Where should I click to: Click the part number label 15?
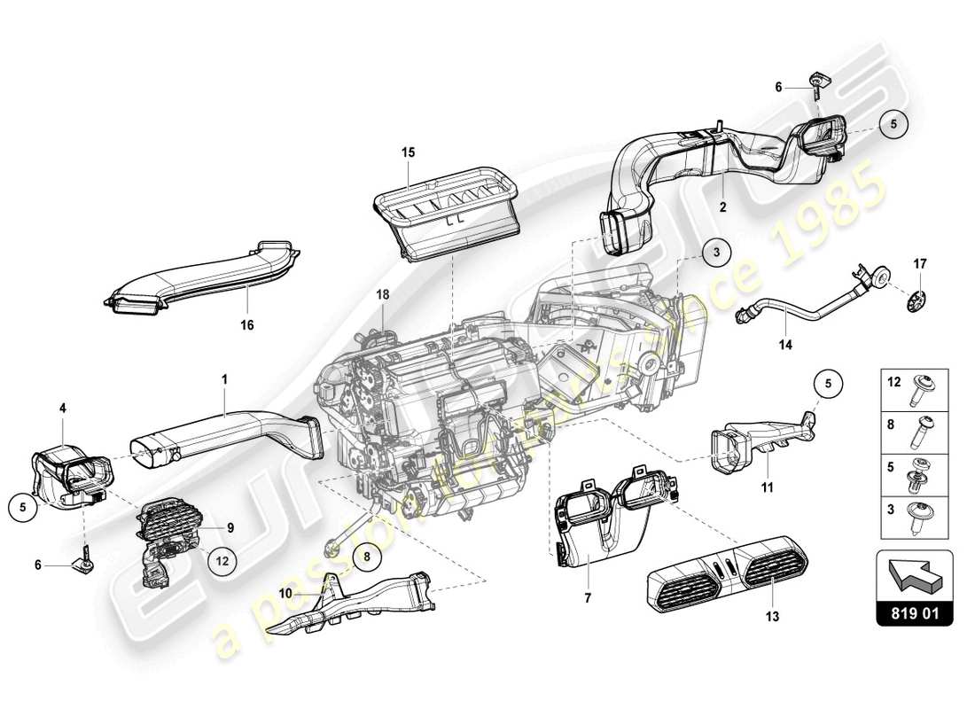[408, 152]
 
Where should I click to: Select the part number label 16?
[246, 325]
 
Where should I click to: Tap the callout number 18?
[381, 292]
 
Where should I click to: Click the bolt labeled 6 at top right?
[815, 85]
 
